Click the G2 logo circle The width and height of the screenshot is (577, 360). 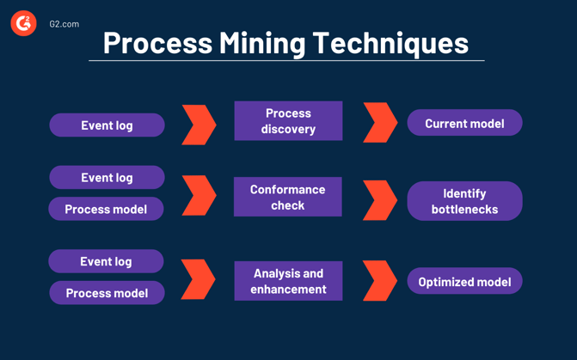23,23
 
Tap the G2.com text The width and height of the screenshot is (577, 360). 64,24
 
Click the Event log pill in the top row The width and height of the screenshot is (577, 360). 107,125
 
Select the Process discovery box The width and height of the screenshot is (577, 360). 288,121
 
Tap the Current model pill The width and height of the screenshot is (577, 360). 464,123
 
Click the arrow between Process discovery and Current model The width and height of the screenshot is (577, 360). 380,123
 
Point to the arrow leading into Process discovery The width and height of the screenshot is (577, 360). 199,125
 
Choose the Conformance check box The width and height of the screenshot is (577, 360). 288,197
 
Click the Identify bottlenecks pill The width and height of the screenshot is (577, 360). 464,201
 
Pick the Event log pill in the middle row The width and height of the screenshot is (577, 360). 107,178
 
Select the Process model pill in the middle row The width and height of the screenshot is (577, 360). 106,209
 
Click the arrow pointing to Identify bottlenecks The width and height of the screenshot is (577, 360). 380,199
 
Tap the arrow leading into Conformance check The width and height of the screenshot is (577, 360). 199,196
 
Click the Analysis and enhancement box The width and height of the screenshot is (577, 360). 288,281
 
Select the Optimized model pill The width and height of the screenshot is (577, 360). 464,282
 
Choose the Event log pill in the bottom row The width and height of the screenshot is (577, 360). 106,261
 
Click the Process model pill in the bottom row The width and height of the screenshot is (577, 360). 107,293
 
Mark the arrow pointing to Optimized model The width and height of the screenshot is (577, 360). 380,280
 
